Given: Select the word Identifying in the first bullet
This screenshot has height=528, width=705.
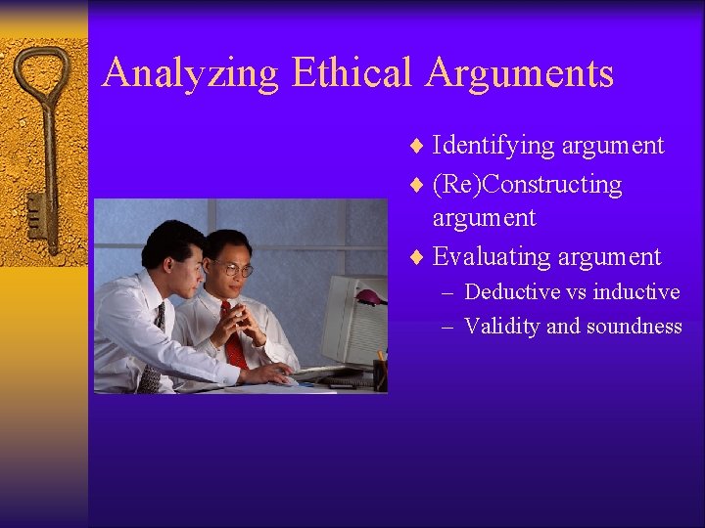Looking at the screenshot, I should pyautogui.click(x=493, y=146).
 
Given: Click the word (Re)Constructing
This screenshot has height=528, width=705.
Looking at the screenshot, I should pyautogui.click(x=527, y=184).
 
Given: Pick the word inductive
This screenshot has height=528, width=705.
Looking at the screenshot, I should pyautogui.click(x=635, y=291).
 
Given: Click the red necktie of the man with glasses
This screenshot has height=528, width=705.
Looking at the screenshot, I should pyautogui.click(x=232, y=337).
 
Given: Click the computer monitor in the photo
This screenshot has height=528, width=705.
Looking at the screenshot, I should pyautogui.click(x=352, y=318).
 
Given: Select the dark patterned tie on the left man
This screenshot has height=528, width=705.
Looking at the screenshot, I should pyautogui.click(x=152, y=357).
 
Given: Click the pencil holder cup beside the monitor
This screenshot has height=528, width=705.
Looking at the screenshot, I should pyautogui.click(x=379, y=374).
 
